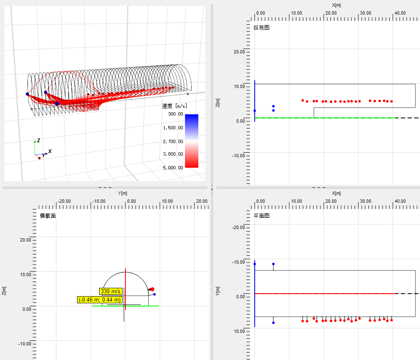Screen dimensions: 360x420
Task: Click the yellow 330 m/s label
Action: point(111,291)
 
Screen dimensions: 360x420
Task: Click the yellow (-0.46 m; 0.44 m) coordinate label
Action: point(100,300)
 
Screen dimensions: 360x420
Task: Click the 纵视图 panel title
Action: point(262,28)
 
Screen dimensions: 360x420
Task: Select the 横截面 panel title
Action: point(48,216)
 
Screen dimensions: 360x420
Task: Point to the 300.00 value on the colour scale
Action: point(175,114)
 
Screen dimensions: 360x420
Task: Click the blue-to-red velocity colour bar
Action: point(191,141)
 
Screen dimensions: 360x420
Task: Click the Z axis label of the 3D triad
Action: point(38,140)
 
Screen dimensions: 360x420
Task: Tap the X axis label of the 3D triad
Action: point(50,151)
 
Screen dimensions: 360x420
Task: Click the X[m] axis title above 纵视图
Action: point(336,5)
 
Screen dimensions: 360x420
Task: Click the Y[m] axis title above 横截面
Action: point(122,193)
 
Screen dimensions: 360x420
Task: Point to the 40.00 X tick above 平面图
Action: point(400,201)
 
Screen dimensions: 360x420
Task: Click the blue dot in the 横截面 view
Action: point(154,295)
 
